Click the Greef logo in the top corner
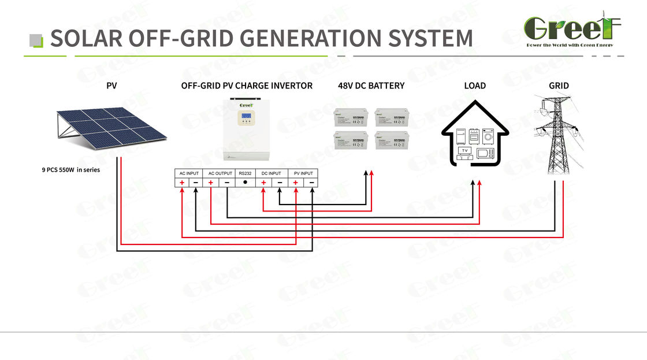571,29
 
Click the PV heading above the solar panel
111,86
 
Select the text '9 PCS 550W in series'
67,170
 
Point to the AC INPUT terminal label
189,173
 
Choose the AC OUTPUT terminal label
220,173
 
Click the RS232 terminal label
245,173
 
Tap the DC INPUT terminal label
271,173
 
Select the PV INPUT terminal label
303,173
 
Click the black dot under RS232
245,183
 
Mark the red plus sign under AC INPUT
182,183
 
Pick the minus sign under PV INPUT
311,183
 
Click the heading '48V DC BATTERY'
371,86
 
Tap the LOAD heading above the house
475,86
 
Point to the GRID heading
559,86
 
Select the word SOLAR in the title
86,38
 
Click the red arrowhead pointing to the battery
371,173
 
